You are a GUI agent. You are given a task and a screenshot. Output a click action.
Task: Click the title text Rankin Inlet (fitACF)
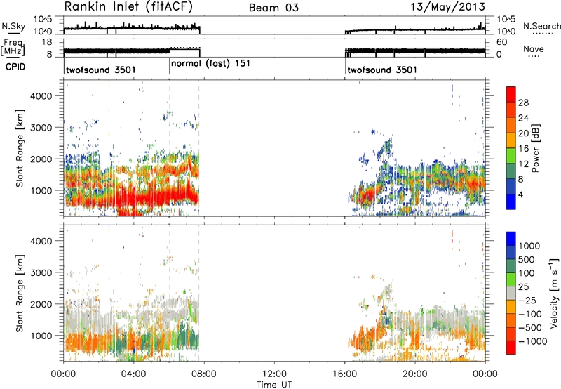[x=128, y=7]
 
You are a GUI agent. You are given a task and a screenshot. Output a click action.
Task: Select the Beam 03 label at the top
[x=273, y=8]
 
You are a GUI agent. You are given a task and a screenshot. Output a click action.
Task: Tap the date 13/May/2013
[x=447, y=7]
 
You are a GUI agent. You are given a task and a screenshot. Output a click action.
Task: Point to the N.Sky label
[x=13, y=26]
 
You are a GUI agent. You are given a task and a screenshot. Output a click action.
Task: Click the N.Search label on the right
[x=541, y=26]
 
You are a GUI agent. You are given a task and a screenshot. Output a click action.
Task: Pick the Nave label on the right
[x=534, y=49]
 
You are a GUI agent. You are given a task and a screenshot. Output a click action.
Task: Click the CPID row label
[x=15, y=67]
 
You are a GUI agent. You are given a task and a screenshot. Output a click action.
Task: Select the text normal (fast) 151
[x=210, y=64]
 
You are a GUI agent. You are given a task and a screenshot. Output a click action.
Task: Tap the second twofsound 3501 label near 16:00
[x=382, y=70]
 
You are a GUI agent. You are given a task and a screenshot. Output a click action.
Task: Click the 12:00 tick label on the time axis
[x=274, y=374]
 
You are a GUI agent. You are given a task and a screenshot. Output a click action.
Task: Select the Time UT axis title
[x=274, y=385]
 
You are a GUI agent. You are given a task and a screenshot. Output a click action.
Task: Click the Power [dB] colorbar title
[x=535, y=148]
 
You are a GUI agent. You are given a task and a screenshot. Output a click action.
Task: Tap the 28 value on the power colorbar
[x=523, y=103]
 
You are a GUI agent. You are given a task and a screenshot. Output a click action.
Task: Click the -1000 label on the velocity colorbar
[x=533, y=341]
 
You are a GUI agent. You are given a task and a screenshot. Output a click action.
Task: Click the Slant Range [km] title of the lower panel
[x=20, y=293]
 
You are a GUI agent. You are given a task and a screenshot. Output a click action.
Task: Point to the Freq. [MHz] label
[x=13, y=48]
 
